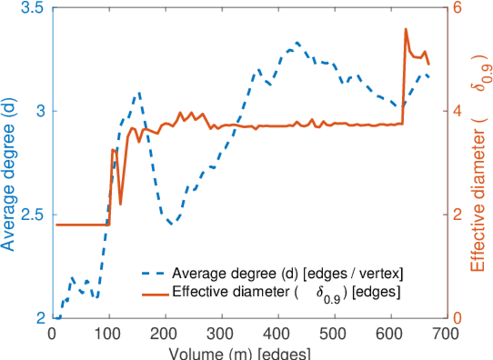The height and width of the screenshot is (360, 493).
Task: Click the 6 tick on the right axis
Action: pos(457,8)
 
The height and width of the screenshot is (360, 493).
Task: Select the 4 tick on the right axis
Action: pos(457,112)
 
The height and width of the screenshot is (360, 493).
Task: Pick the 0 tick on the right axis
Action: pos(457,318)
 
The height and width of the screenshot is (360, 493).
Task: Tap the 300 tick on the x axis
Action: pos(222,332)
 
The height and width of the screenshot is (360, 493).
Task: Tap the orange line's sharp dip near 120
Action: pos(120,204)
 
